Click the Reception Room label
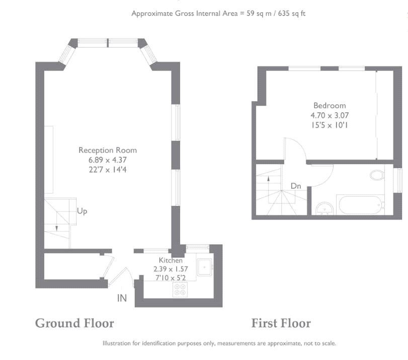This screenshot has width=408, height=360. pos(107,150)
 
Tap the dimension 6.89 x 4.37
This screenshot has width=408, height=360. pos(107,160)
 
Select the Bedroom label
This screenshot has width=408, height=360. pos(330,106)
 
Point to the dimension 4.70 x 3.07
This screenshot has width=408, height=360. pos(330,115)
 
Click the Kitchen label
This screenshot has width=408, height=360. pos(171,260)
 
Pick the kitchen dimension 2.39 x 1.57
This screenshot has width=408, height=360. pos(170,269)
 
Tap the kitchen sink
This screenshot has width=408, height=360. pos(205,267)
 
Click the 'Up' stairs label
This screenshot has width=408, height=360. pos(82,211)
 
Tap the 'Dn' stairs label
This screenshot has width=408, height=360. pos(296,186)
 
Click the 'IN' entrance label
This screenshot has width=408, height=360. pos(122,298)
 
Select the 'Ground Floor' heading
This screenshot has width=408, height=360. pos(74,323)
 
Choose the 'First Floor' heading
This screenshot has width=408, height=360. pos(281,323)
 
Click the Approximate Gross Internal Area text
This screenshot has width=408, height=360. pos(218,14)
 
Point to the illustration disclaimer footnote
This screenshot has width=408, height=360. pos(219,343)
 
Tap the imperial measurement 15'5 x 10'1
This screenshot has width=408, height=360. pos(330,124)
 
